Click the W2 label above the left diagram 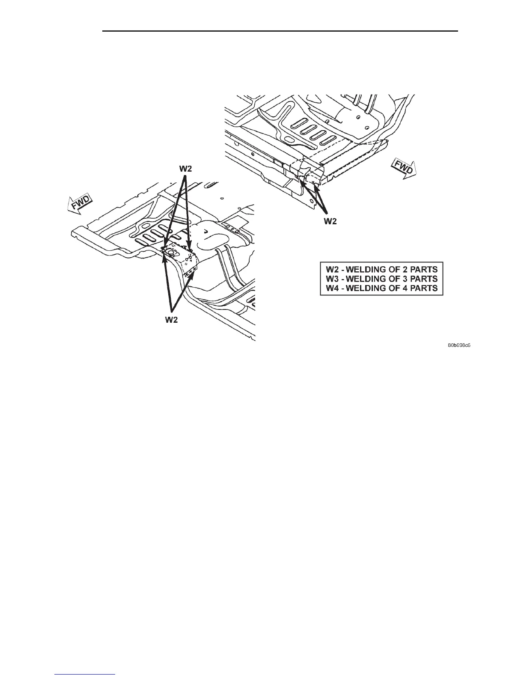tap(185, 169)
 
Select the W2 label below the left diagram tap(171, 320)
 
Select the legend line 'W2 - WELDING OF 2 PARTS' tap(381, 269)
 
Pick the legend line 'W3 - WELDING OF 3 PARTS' tap(381, 279)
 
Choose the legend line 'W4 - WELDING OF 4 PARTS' tap(381, 288)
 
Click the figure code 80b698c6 tap(459, 345)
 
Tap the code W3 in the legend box tap(333, 279)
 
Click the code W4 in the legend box tap(333, 288)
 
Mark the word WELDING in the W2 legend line tap(366, 269)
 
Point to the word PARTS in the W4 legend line tap(423, 288)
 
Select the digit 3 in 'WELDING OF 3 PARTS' tap(403, 279)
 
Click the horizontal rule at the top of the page tap(280, 31)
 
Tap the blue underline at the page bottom tap(85, 674)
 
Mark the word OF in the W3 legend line tap(393, 279)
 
